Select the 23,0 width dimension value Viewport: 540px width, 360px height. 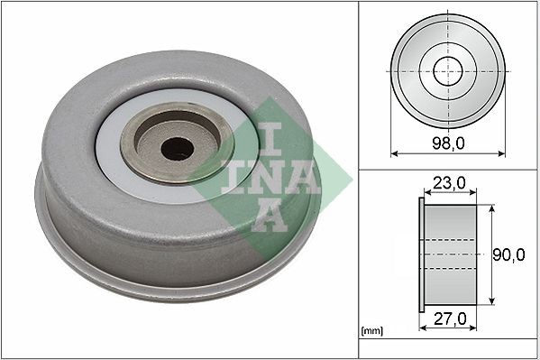[448, 182]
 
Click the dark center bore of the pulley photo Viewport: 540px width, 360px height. [178, 148]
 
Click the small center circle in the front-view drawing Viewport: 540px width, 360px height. [447, 71]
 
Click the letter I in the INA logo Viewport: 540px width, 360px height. [270, 138]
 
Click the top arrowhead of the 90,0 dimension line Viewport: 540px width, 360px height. [492, 208]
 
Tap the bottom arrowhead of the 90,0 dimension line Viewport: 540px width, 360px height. [492, 301]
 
